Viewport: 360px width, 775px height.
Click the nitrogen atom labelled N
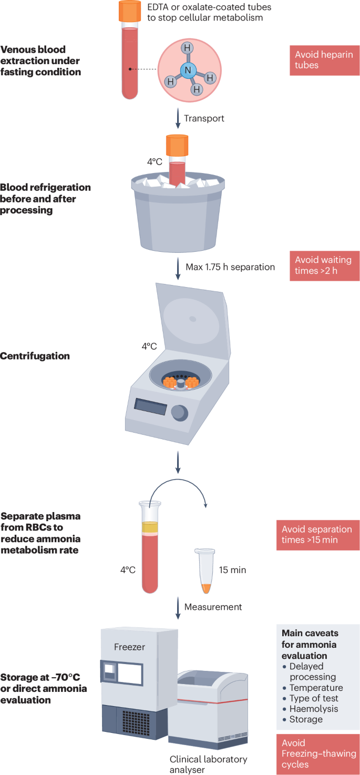coord(188,70)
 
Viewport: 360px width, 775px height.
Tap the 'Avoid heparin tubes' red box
coord(324,60)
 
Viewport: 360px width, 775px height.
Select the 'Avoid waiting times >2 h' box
coord(324,266)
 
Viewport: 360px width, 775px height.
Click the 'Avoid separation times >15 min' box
coord(318,535)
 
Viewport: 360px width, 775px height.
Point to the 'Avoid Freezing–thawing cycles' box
coord(318,754)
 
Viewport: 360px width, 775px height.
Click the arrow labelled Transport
coord(178,118)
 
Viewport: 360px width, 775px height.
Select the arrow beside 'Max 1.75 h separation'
coord(178,269)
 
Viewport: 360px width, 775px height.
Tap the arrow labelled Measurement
coord(178,608)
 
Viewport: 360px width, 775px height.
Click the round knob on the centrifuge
coord(180,413)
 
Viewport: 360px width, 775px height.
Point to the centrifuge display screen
coord(151,406)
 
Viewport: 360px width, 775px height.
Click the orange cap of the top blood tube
coord(130,11)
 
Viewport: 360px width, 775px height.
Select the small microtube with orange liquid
coord(205,571)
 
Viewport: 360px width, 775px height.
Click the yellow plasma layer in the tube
coord(150,527)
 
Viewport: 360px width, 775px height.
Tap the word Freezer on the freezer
coord(129,647)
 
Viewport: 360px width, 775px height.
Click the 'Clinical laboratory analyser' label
coord(208,764)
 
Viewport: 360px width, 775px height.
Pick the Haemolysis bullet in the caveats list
coord(310,709)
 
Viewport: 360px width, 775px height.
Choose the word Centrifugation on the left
coord(35,355)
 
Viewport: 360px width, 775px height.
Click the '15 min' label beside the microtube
coord(232,570)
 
